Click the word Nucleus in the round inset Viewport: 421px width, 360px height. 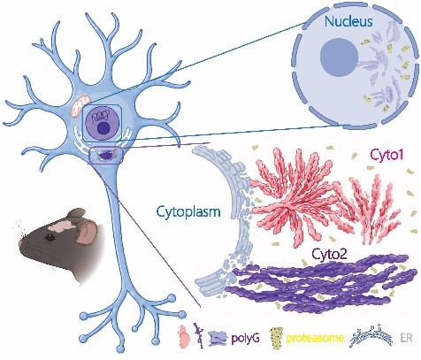pos(348,22)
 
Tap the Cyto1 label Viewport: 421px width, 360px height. pos(387,155)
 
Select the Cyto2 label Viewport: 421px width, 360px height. pos(329,254)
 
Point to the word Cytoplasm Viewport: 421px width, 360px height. pos(188,212)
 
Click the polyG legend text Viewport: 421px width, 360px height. pos(246,338)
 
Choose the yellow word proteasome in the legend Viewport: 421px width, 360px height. pos(315,338)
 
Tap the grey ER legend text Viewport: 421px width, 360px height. pos(406,338)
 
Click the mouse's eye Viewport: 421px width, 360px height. pos(51,238)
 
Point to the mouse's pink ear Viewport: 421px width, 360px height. pos(86,233)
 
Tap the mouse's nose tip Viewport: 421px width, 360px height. pos(20,243)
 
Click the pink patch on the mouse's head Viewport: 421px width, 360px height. pos(62,226)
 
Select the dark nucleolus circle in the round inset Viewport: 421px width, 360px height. pos(339,57)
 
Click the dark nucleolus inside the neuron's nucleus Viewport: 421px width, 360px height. pos(103,128)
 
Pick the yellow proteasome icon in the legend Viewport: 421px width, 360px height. pos(277,338)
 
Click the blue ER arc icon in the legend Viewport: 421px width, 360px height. pos(371,339)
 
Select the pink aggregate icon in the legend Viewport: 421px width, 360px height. pos(184,337)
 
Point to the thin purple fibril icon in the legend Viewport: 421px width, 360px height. pos(199,336)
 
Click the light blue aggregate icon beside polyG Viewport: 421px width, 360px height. pos(218,338)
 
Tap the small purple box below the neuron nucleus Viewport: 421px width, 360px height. pos(106,155)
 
